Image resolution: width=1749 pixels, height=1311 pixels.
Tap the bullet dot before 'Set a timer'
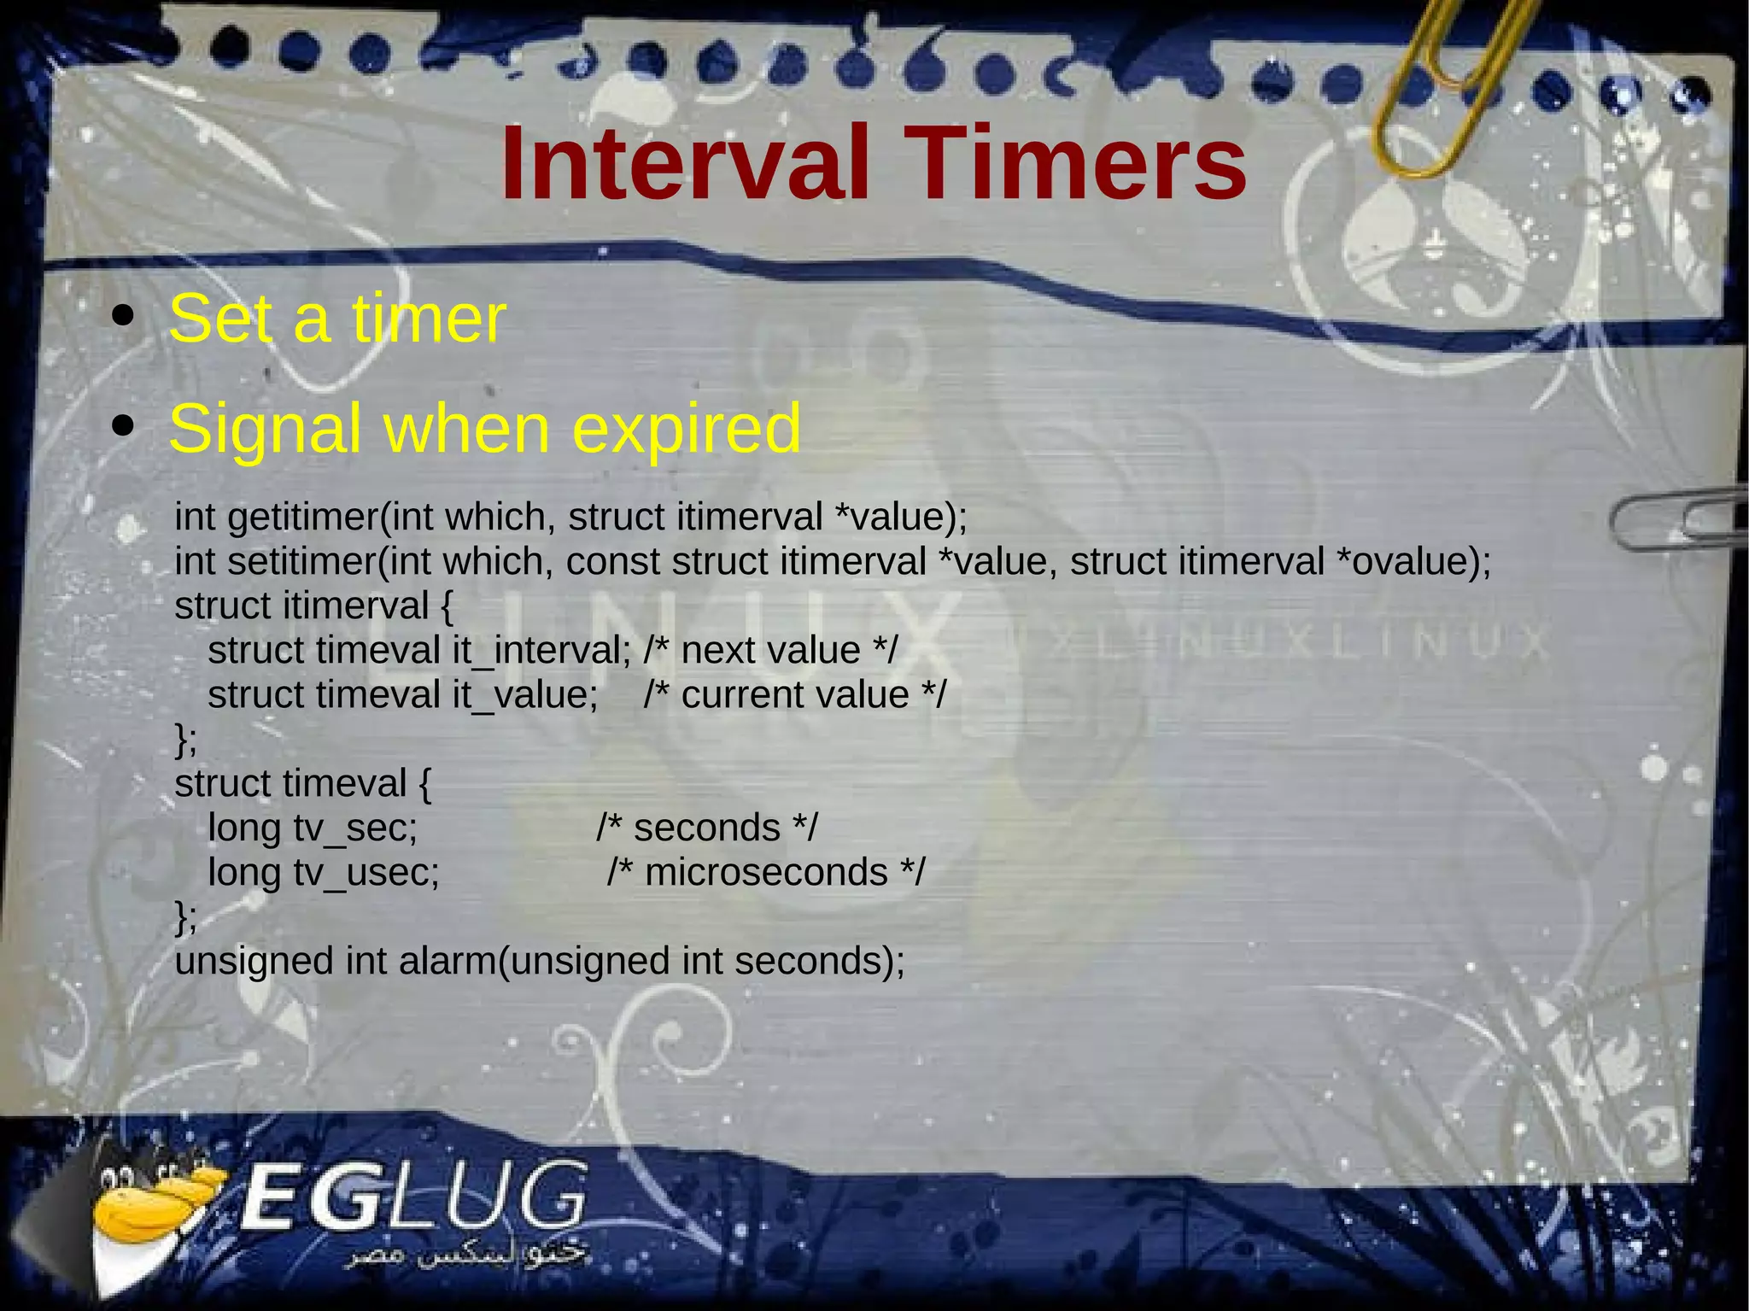click(124, 317)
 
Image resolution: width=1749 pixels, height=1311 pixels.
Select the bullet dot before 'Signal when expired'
click(124, 425)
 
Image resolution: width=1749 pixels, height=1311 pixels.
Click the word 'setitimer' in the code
click(302, 562)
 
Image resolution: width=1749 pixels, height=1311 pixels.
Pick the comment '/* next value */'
click(770, 651)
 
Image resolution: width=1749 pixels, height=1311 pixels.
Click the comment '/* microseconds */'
click(766, 873)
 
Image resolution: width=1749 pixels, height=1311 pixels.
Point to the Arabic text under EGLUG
click(465, 1255)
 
